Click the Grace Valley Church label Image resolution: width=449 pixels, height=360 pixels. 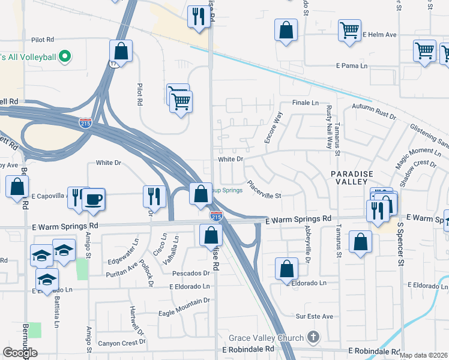[267, 337]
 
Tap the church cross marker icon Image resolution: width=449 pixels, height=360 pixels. [312, 338]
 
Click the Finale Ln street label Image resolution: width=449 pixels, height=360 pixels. [306, 103]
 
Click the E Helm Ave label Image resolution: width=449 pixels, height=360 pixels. [380, 35]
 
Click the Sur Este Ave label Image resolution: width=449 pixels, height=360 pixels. [314, 316]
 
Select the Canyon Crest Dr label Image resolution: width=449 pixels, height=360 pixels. [122, 343]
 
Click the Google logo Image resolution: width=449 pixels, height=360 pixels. [20, 353]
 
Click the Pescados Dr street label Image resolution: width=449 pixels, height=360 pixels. [190, 273]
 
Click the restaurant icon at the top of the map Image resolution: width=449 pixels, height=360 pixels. [197, 16]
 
